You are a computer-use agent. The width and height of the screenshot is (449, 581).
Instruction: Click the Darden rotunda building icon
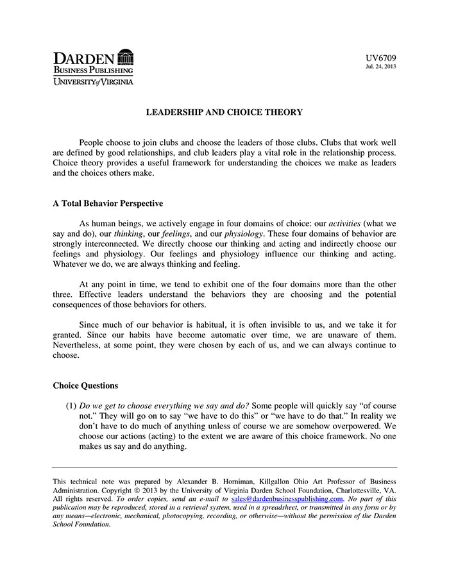click(x=126, y=57)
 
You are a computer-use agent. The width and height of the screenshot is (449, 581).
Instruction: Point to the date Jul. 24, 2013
click(x=382, y=67)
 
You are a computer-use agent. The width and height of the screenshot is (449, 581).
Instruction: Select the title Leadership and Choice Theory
click(x=224, y=112)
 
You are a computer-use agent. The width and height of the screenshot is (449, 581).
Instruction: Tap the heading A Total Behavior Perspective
click(x=108, y=203)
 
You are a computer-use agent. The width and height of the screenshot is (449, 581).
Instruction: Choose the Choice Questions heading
click(x=85, y=386)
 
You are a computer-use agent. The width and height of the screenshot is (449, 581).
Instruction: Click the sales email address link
click(x=287, y=498)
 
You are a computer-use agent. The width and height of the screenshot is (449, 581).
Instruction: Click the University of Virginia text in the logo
click(x=93, y=81)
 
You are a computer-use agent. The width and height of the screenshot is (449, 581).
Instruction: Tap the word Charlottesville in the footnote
click(x=352, y=490)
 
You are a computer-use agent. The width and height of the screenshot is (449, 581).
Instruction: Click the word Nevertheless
click(x=81, y=344)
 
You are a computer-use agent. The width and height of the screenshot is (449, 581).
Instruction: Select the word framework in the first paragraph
click(x=207, y=163)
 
